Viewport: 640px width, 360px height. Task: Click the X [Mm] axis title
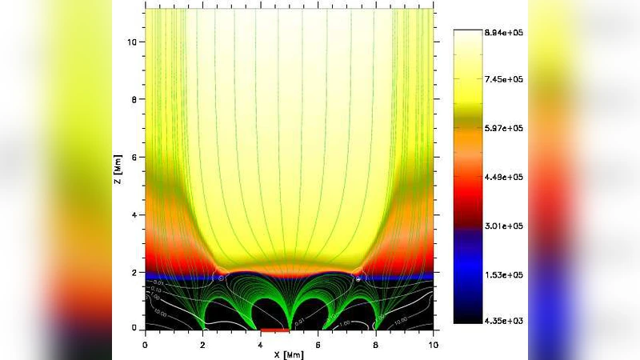click(x=289, y=353)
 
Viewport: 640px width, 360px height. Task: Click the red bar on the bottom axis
click(x=274, y=329)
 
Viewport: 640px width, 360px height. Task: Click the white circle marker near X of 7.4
click(x=358, y=278)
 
